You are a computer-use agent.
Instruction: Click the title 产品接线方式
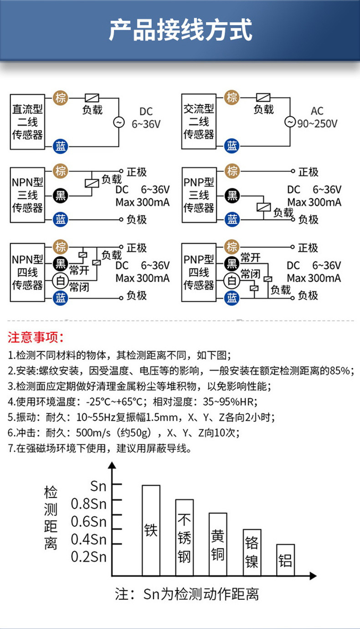tap(180, 31)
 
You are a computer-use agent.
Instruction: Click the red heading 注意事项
tap(36, 338)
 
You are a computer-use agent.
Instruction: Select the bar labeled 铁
tap(151, 531)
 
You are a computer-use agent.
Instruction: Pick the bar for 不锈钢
tap(184, 538)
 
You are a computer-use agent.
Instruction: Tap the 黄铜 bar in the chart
tap(218, 544)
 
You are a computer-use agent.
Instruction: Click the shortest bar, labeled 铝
tap(285, 560)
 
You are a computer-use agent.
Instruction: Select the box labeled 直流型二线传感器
tap(28, 122)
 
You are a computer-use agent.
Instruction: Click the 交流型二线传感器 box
tap(199, 122)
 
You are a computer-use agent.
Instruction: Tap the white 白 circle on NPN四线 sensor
tap(61, 281)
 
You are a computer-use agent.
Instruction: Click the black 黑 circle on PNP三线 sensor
tap(232, 196)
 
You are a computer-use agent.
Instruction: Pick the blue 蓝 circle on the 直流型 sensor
tap(61, 146)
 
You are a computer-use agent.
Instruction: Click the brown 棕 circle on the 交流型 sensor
tap(232, 97)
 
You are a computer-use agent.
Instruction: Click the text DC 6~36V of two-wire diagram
tap(146, 118)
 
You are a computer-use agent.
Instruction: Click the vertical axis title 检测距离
tap(51, 518)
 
